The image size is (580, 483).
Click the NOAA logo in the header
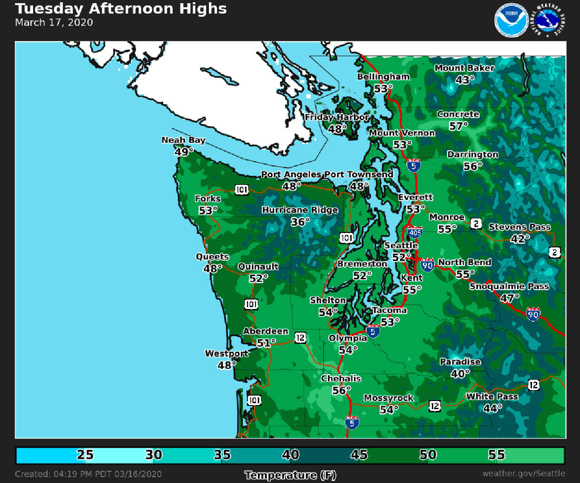pos(511,20)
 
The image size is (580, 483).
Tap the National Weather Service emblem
pos(550,20)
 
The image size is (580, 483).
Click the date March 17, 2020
pos(54,23)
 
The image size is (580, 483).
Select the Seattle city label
pos(401,246)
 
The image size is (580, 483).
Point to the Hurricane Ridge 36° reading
pos(300,222)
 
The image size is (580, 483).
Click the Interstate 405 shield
pos(415,232)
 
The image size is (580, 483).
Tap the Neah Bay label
pos(184,140)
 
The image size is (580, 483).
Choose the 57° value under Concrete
pos(458,126)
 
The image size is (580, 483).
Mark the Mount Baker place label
pos(464,68)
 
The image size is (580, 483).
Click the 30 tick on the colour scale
pos(154,455)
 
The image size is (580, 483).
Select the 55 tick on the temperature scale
pos(496,455)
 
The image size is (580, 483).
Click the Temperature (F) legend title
pos(290,475)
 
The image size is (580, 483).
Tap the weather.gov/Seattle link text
pos(523,473)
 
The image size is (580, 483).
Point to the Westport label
pos(227,353)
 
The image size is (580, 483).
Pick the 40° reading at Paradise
pos(460,374)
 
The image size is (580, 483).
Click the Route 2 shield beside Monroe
pos(476,223)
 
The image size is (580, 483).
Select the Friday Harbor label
pos(337,117)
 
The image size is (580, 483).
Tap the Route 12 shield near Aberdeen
pos(300,338)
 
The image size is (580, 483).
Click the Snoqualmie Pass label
pos(509,286)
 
